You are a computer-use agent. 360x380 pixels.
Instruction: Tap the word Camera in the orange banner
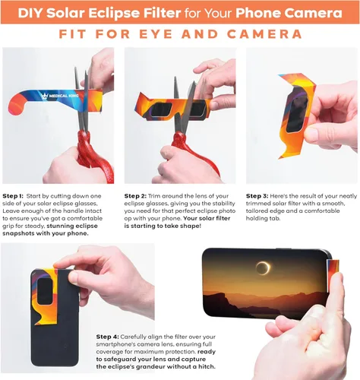314,13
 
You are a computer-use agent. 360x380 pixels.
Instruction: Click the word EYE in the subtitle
156,34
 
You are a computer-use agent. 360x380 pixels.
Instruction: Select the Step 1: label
13,196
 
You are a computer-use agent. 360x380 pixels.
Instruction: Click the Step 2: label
135,196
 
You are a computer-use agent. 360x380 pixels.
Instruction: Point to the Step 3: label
257,196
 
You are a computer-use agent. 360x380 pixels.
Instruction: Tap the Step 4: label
107,337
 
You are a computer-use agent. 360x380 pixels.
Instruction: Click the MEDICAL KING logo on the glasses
60,96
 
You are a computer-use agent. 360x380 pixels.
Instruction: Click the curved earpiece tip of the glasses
16,108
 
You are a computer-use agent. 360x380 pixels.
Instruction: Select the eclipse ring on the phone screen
263,268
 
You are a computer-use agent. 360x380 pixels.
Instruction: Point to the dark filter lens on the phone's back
45,292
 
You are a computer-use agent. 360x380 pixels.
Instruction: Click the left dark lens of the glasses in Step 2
162,109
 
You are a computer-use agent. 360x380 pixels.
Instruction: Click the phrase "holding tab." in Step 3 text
263,218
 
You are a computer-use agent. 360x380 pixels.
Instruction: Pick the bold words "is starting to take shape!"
163,226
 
